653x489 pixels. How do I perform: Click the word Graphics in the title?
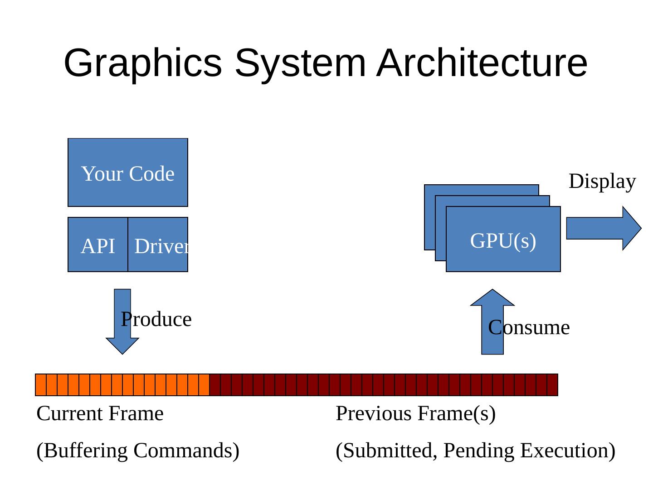143,63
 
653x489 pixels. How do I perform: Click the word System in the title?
300,63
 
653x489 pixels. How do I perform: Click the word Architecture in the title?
482,63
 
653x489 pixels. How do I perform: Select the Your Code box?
127,173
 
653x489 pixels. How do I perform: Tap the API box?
97,245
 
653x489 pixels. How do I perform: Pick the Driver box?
158,245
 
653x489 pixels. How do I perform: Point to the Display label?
602,181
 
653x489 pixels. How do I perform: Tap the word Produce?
156,320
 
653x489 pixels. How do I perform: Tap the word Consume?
529,327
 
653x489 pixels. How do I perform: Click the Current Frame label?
100,413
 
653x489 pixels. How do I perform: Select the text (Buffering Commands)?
138,451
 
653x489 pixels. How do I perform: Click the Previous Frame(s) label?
415,413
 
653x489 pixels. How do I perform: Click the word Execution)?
568,451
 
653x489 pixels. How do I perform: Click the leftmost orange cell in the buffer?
41,385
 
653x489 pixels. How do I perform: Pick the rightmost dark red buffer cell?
552,385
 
